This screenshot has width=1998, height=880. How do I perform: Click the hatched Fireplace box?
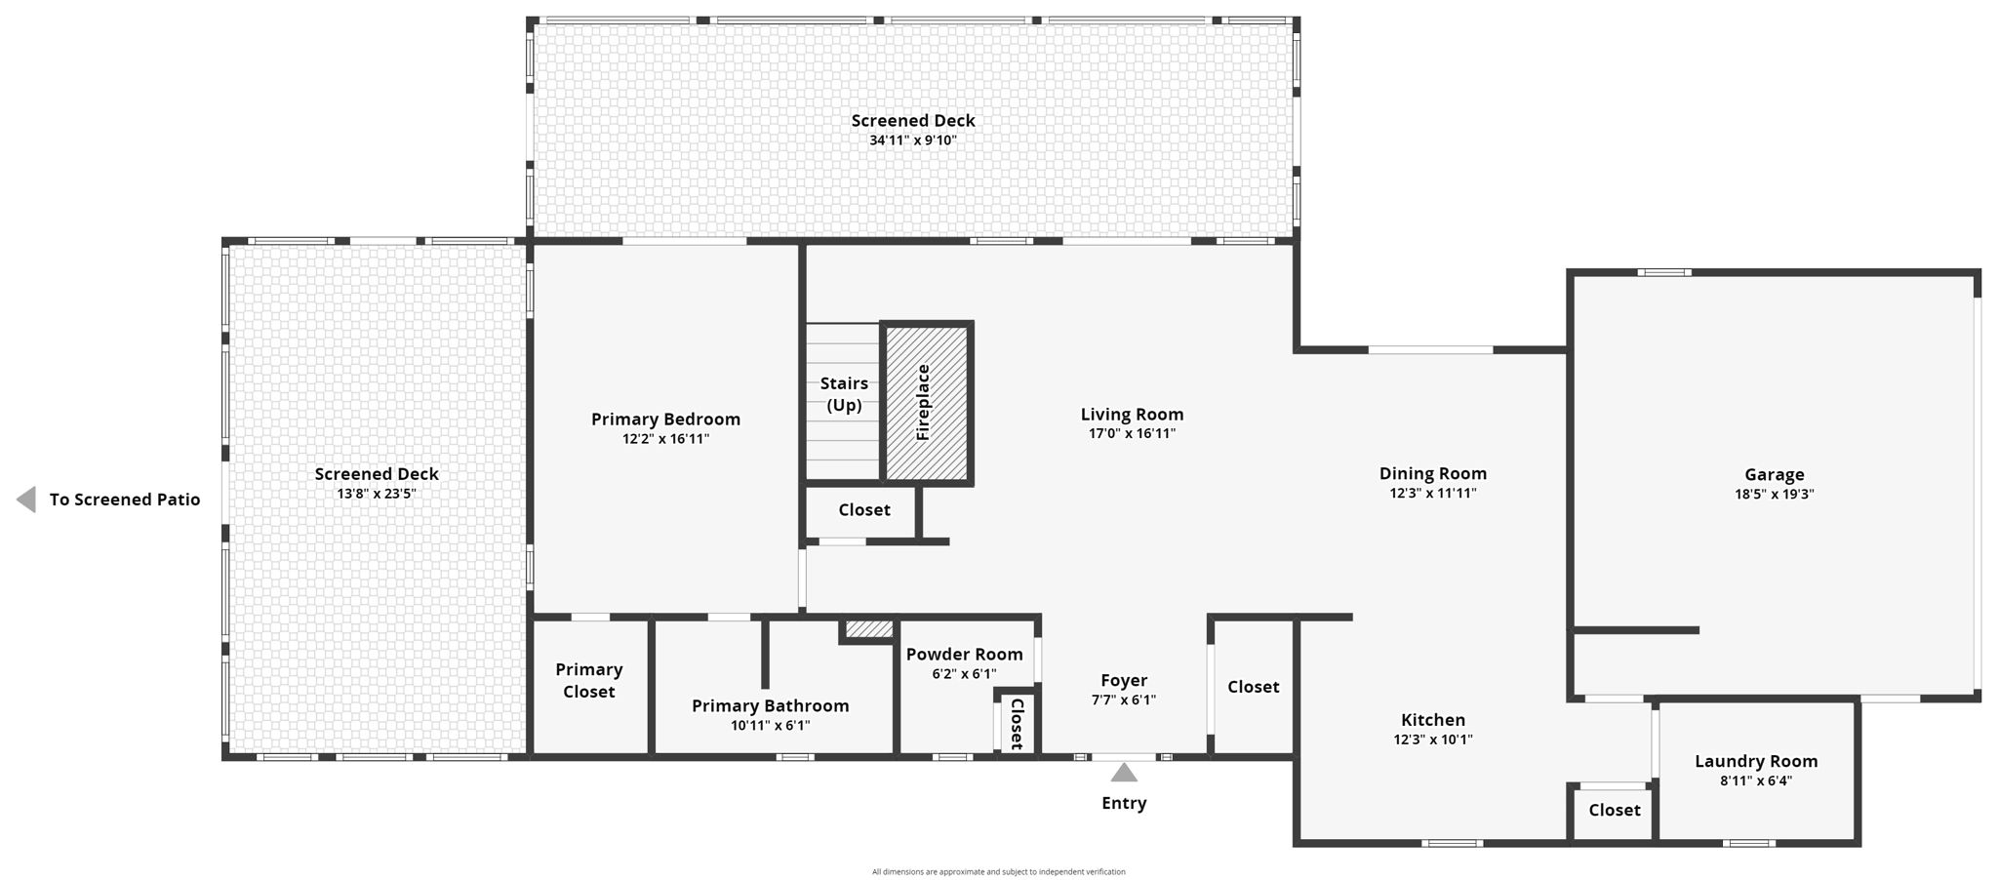pyautogui.click(x=926, y=402)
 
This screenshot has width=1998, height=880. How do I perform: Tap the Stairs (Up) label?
pyautogui.click(x=844, y=393)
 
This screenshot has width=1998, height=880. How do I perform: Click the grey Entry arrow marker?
pyautogui.click(x=1124, y=773)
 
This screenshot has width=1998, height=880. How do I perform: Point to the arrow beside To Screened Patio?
pyautogui.click(x=26, y=500)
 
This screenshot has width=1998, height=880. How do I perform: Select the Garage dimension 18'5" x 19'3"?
pyautogui.click(x=1774, y=495)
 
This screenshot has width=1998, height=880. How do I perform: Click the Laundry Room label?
pyautogui.click(x=1756, y=761)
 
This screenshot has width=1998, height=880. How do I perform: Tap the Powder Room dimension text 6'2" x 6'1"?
pyautogui.click(x=964, y=674)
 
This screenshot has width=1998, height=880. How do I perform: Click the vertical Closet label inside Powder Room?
pyautogui.click(x=1017, y=723)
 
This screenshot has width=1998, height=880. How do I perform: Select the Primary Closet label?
pyautogui.click(x=588, y=680)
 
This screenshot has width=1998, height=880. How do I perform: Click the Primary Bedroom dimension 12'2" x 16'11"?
pyautogui.click(x=665, y=439)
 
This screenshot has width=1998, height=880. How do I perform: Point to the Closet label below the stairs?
pyautogui.click(x=863, y=509)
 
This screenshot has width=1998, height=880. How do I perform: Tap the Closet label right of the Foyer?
pyautogui.click(x=1253, y=687)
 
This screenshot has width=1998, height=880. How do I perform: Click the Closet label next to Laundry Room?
pyautogui.click(x=1614, y=810)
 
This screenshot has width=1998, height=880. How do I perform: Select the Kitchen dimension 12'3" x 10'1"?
pyautogui.click(x=1432, y=740)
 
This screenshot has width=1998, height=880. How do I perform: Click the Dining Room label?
pyautogui.click(x=1432, y=473)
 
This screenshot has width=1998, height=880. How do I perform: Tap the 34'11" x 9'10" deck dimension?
pyautogui.click(x=912, y=140)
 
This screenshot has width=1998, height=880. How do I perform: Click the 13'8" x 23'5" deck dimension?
pyautogui.click(x=376, y=494)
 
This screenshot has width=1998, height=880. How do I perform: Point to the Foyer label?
pyautogui.click(x=1124, y=680)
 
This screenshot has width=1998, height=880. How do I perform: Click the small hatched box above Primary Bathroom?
pyautogui.click(x=868, y=629)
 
